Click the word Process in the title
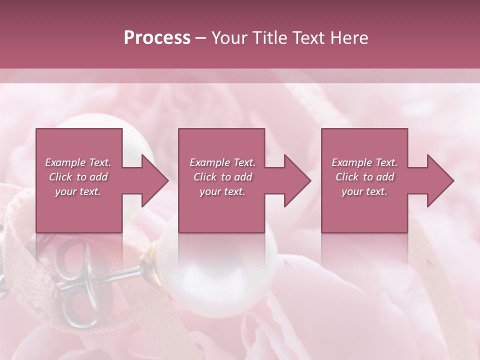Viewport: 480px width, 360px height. coord(157,38)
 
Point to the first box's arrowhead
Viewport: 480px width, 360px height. coord(154,180)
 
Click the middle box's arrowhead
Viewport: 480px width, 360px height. coord(297,180)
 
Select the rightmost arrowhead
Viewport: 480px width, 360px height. coord(440,180)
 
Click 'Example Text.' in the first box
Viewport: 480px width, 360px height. coord(78,162)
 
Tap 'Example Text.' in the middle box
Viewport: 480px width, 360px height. coord(222,162)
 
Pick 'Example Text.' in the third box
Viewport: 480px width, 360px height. coord(364,162)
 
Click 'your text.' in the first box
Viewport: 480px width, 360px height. coord(78,191)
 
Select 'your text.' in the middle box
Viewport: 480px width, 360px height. coord(222,191)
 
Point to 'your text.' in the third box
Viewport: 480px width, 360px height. coord(364,191)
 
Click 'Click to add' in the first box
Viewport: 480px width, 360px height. coord(78,177)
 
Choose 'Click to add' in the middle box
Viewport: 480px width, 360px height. coord(222,177)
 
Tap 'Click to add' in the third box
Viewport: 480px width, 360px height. coord(364,177)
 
